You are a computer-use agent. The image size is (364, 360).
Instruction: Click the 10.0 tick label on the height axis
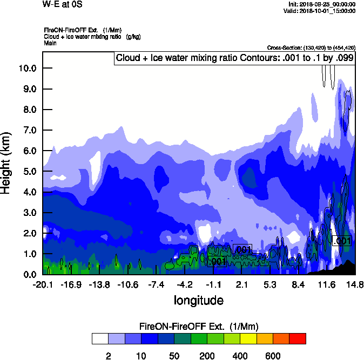point(28,69)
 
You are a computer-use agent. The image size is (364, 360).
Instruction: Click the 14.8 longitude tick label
point(355,285)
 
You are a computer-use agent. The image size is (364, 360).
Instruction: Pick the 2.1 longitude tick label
point(242,285)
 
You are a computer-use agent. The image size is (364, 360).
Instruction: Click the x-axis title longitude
point(198,300)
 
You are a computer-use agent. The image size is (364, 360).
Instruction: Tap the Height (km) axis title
point(7,163)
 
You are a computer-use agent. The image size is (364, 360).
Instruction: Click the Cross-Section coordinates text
point(311,47)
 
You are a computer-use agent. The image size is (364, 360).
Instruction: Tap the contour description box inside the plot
point(234,58)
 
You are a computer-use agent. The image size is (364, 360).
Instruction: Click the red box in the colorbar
point(298,339)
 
